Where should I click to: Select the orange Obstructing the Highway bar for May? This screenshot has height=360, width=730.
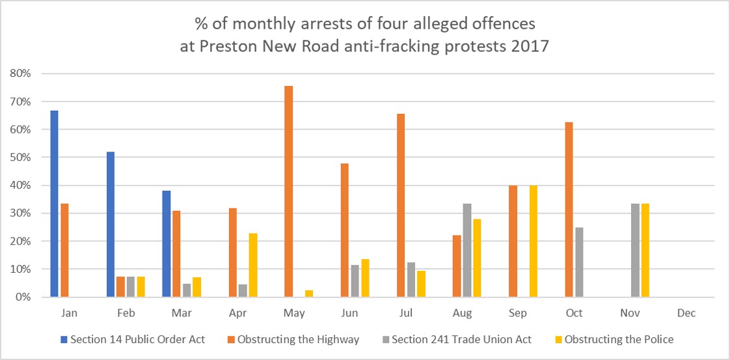click(289, 191)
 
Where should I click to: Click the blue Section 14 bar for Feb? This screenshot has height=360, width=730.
click(110, 224)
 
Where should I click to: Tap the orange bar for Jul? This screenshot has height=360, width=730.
click(400, 205)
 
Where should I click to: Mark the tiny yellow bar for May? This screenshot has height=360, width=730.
click(309, 294)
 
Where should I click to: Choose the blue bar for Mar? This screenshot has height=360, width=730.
click(167, 243)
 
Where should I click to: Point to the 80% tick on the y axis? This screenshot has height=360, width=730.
click(20, 74)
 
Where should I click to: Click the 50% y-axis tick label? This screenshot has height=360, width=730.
click(20, 158)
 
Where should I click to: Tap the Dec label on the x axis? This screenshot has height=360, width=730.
click(686, 313)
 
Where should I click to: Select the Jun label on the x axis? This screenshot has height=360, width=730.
click(350, 313)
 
